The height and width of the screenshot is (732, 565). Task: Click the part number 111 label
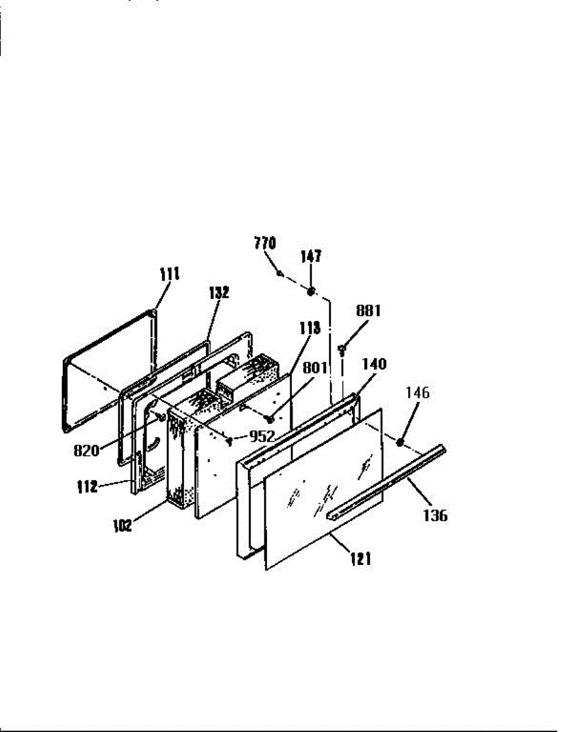170,274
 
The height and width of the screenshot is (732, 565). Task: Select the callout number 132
219,292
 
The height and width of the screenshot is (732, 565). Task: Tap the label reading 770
265,243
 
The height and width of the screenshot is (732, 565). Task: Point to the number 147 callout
311,256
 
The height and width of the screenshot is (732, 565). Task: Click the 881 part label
368,310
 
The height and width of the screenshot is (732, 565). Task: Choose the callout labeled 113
310,328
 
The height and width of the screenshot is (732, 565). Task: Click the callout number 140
374,364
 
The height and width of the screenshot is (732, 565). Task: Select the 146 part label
418,393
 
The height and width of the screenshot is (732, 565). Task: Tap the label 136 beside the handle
436,515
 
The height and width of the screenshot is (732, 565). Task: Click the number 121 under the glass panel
361,559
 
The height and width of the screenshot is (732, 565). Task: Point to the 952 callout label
262,437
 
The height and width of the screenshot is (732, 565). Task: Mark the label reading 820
86,451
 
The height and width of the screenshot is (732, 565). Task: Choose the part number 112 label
87,487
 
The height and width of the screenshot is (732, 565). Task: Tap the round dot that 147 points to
311,292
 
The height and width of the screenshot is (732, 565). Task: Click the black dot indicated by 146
399,442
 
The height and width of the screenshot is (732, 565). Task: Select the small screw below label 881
342,350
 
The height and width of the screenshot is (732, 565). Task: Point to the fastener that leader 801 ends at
269,420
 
